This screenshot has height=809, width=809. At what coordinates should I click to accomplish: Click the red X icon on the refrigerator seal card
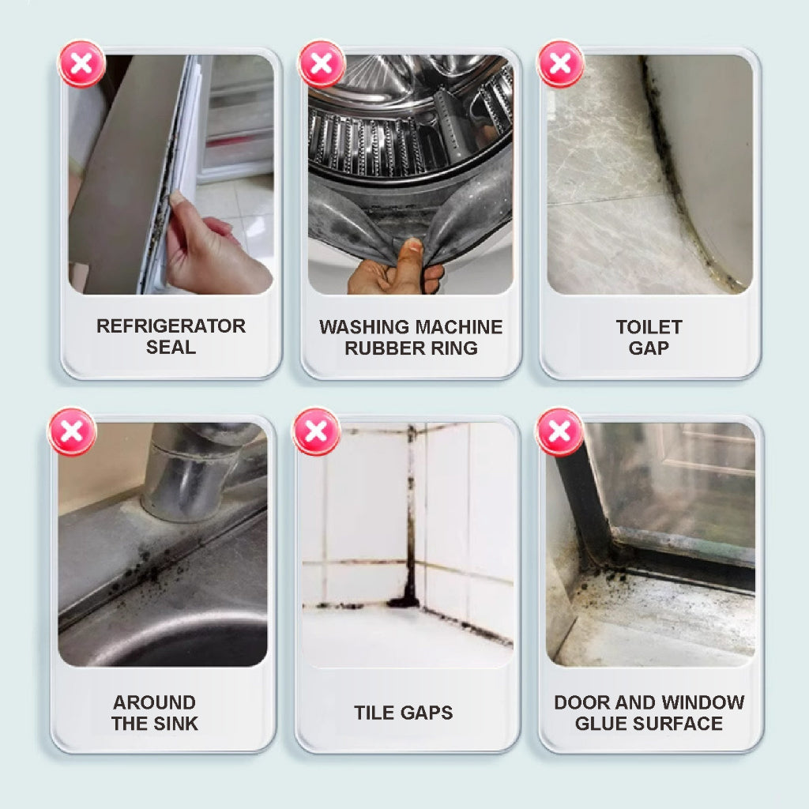81,64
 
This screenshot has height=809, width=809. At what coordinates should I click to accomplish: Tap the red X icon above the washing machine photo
321,64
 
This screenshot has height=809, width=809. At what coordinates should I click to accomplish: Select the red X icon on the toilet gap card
560,64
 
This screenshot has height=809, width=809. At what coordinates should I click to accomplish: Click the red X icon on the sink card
73,432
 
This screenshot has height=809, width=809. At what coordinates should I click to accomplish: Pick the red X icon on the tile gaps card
316,432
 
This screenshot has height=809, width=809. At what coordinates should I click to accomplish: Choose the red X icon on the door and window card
559,432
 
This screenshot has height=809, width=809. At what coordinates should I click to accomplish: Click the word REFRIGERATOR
171,326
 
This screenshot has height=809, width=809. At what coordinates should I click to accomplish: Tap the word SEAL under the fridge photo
171,348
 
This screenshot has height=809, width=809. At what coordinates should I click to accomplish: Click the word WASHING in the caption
361,327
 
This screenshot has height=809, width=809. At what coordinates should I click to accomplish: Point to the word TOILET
649,327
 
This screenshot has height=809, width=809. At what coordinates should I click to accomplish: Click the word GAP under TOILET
649,348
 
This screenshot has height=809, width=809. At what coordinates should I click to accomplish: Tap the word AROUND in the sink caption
154,702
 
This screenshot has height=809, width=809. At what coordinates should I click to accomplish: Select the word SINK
176,724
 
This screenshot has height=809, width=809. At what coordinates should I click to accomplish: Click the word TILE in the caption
373,713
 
